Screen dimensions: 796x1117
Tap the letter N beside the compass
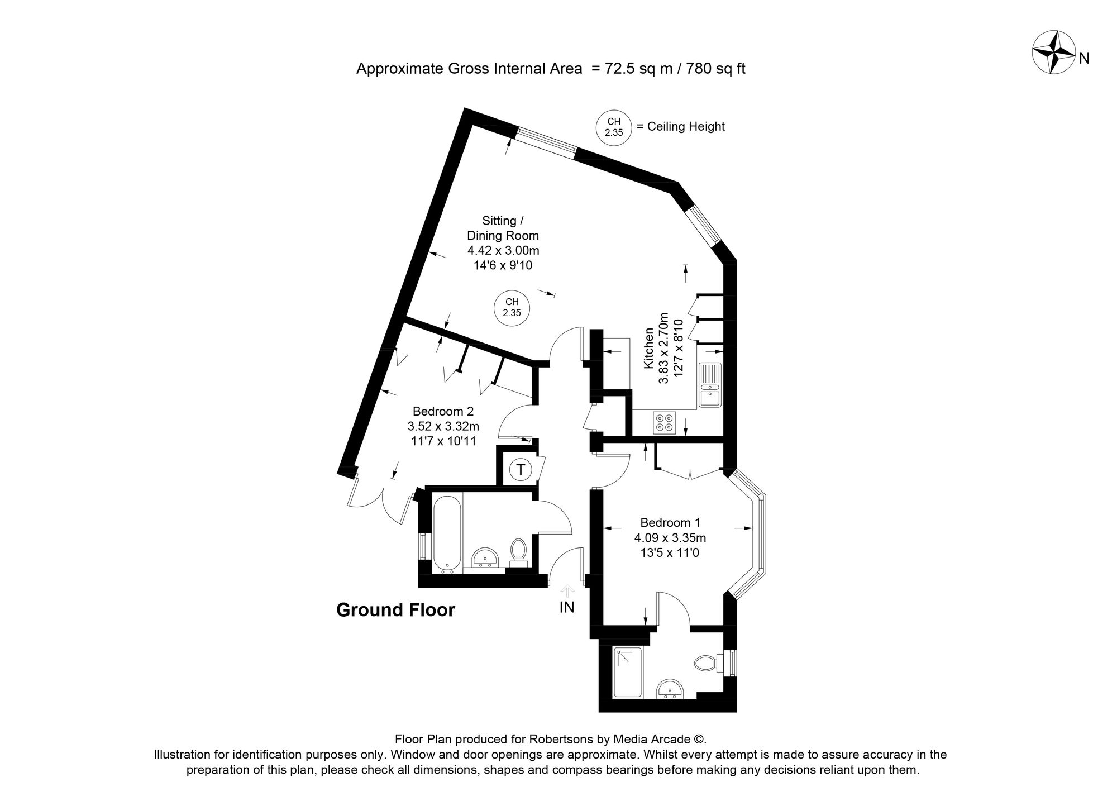click(1084, 59)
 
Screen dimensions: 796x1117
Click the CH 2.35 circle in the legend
click(614, 127)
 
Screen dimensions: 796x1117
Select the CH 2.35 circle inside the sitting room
click(512, 308)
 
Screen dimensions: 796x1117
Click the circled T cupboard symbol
click(521, 470)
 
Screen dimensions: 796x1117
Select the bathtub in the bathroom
click(446, 533)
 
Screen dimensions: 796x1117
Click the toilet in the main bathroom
click(518, 552)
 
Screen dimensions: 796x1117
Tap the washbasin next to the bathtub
click(485, 557)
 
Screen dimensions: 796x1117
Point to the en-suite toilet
click(707, 664)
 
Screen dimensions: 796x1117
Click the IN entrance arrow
click(567, 592)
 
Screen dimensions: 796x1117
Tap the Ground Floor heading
click(395, 610)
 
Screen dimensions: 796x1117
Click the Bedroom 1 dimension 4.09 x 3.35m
click(670, 538)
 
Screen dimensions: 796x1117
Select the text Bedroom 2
click(443, 412)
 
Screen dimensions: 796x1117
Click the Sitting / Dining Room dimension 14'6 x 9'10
click(503, 265)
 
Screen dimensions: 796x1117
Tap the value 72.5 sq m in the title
click(633, 69)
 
